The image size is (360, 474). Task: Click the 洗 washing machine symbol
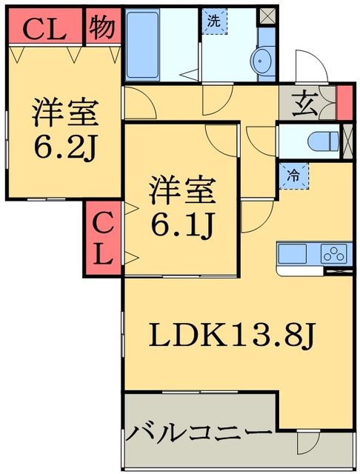point(213,21)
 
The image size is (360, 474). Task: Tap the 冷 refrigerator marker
point(294,176)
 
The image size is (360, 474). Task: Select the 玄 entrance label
point(306,104)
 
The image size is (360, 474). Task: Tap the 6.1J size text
point(181,220)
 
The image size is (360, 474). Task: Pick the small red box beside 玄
point(343,103)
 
